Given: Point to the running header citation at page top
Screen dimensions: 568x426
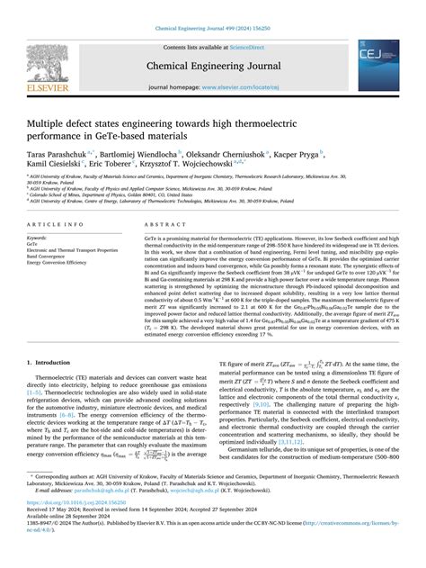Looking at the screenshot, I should point(213,7).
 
